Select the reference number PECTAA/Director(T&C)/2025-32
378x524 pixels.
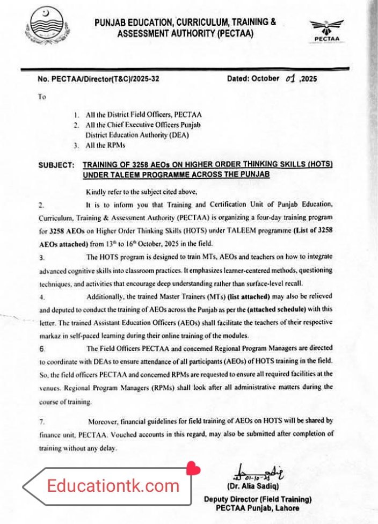click(x=98, y=79)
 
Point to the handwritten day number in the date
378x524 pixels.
click(x=290, y=78)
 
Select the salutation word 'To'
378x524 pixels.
click(x=42, y=97)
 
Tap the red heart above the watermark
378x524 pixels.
click(x=193, y=469)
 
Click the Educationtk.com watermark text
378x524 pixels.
click(x=113, y=486)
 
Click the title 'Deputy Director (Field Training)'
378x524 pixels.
click(x=257, y=499)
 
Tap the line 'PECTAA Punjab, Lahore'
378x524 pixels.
click(x=257, y=508)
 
